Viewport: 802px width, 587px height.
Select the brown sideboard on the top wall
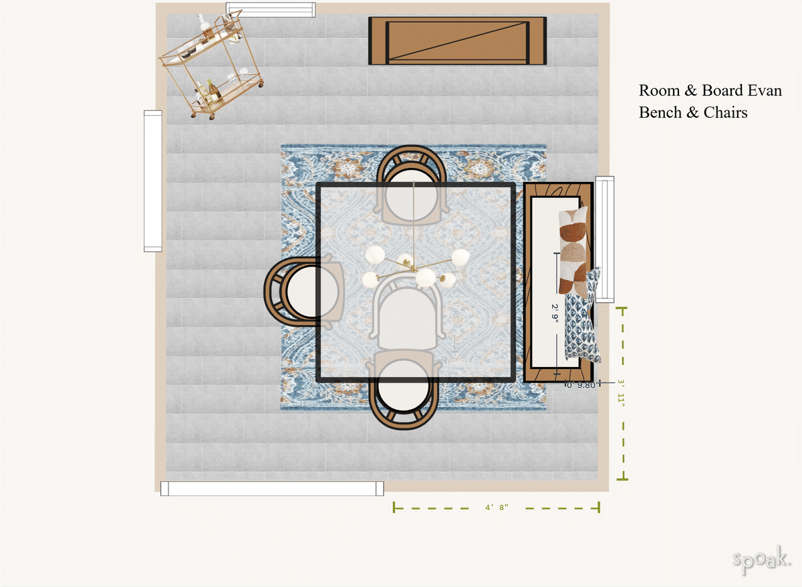(x=458, y=41)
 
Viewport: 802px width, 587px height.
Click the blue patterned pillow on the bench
(x=581, y=318)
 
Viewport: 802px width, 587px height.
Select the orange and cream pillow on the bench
(x=574, y=251)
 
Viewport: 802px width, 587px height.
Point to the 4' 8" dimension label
(x=497, y=507)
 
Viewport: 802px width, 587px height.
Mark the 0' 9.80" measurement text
(x=580, y=384)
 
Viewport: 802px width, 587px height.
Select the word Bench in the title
(x=661, y=112)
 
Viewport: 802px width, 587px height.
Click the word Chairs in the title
(x=725, y=112)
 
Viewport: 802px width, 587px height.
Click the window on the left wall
(x=153, y=181)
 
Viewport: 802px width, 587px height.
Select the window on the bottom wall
(x=272, y=489)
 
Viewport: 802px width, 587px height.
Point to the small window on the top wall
(x=271, y=10)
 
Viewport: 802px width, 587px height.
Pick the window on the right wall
(x=605, y=239)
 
